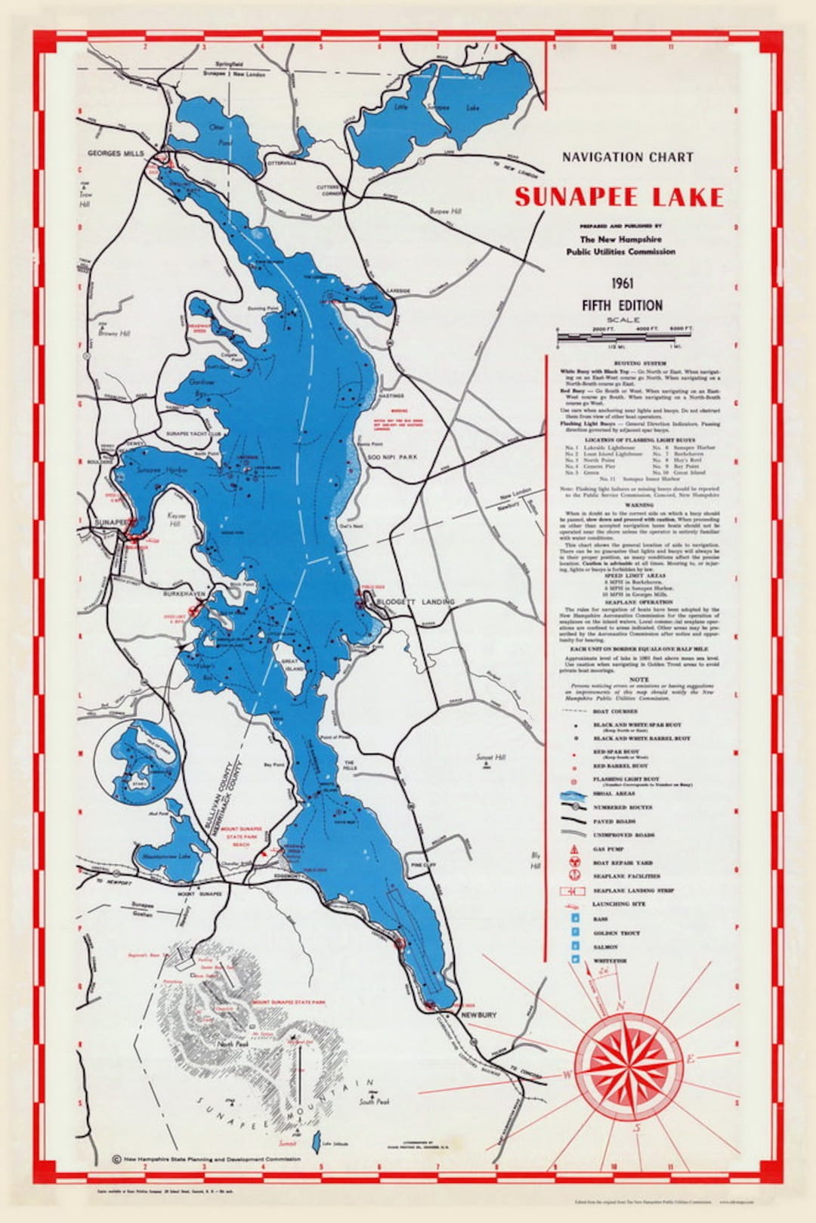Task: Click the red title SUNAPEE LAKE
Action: pyautogui.click(x=619, y=197)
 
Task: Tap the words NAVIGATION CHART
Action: pyautogui.click(x=627, y=157)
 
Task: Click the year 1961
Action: pyautogui.click(x=623, y=284)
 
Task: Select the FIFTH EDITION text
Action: pyautogui.click(x=622, y=305)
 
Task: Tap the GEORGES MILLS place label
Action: pyautogui.click(x=115, y=153)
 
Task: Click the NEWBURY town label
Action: pyautogui.click(x=478, y=1015)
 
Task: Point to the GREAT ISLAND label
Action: pyautogui.click(x=293, y=665)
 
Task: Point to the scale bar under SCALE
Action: pyautogui.click(x=624, y=338)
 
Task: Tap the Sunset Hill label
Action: pyautogui.click(x=490, y=757)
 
